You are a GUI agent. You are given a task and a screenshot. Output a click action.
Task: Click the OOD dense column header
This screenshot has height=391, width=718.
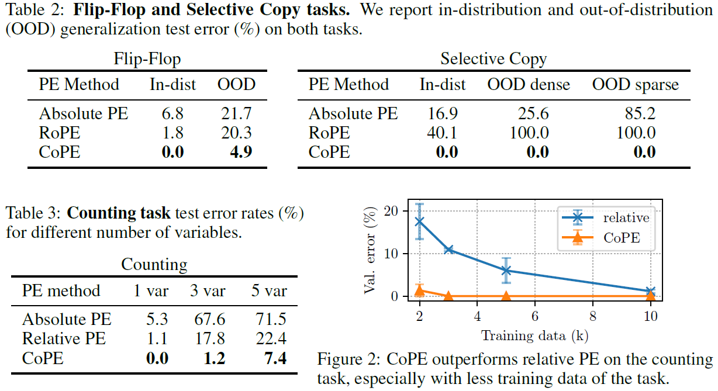529,85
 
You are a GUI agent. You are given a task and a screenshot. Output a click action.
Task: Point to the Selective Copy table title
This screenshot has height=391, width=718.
493,59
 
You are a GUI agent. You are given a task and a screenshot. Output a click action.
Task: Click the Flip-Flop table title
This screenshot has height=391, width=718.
147,59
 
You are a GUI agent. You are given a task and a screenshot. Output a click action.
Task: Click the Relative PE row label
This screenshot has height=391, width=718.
64,338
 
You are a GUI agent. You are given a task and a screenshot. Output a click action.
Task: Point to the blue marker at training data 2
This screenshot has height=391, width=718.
419,222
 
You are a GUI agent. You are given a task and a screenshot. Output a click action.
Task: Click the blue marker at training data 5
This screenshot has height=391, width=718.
506,271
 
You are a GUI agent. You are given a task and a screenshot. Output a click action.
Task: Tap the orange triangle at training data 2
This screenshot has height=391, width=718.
419,290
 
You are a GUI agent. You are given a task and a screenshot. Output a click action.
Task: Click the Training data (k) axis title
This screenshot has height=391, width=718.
534,335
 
